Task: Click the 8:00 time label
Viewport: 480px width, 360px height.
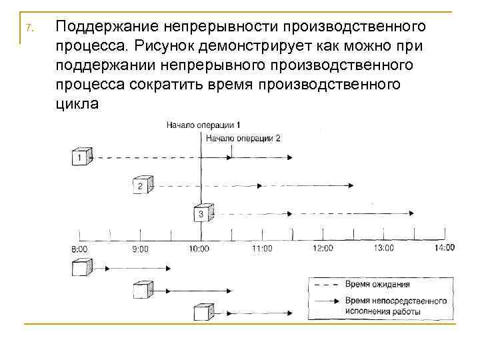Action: pyautogui.click(x=79, y=249)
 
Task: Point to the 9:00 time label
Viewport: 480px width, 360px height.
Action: pyautogui.click(x=141, y=249)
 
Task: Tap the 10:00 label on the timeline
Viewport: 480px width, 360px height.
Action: pyautogui.click(x=199, y=249)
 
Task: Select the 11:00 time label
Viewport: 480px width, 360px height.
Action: pyautogui.click(x=262, y=249)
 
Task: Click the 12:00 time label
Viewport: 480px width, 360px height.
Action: pyautogui.click(x=323, y=248)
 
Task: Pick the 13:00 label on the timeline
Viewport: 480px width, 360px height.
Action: pyautogui.click(x=383, y=248)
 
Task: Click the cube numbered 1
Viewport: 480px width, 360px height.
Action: pyautogui.click(x=81, y=157)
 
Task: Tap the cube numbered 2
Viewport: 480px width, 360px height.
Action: pyautogui.click(x=141, y=185)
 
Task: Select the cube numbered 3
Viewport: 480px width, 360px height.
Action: pyautogui.click(x=202, y=213)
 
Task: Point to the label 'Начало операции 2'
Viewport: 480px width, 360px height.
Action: pyautogui.click(x=243, y=138)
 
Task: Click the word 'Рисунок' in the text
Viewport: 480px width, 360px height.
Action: pyautogui.click(x=165, y=46)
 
